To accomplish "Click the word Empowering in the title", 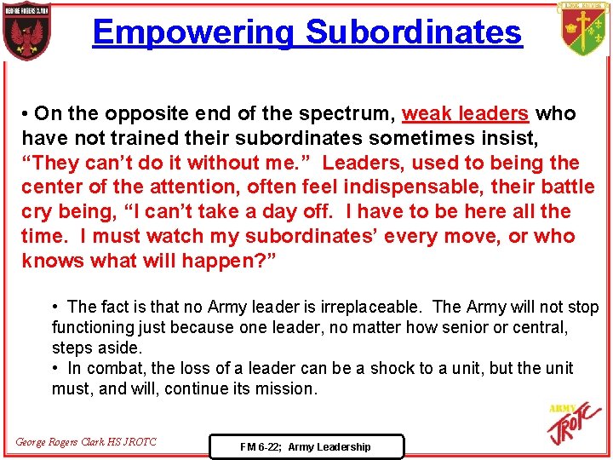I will pos(194,32).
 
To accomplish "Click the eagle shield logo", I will pos(26,32).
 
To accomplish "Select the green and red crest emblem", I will pos(585,29).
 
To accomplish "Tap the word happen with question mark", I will pos(226,261).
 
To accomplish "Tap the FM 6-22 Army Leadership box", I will pos(306,446).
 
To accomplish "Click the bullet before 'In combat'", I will pos(56,368).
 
